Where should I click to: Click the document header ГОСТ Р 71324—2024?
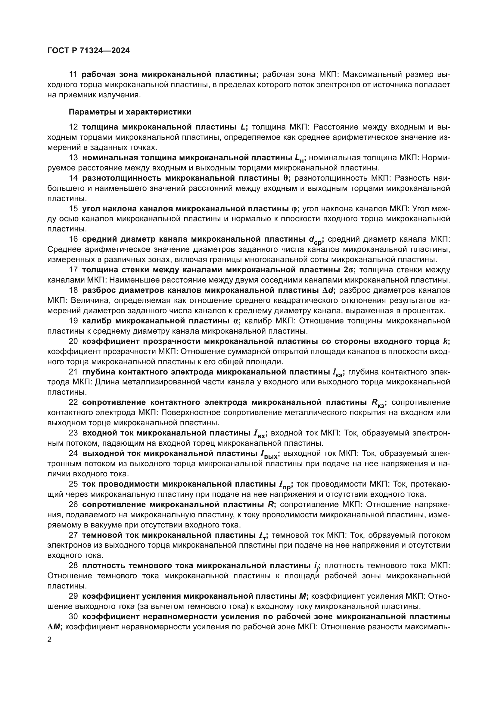(x=89, y=50)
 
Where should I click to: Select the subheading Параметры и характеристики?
(x=130, y=112)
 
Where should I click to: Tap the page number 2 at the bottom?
(x=50, y=640)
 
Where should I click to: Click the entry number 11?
(x=73, y=75)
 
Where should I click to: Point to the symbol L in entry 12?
(x=243, y=127)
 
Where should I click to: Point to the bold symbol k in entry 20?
(x=445, y=341)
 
